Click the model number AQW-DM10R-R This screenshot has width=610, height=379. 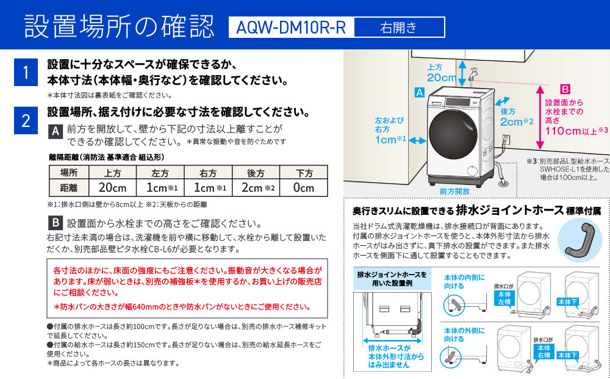tap(291, 27)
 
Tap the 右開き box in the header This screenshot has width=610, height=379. tap(399, 27)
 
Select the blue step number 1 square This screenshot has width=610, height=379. tap(26, 73)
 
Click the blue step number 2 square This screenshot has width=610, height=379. tap(26, 120)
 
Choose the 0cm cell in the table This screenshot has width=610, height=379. tap(303, 188)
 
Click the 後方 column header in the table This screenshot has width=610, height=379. tap(256, 173)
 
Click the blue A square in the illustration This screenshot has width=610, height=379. tap(419, 93)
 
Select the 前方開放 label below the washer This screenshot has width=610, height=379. tap(455, 191)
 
